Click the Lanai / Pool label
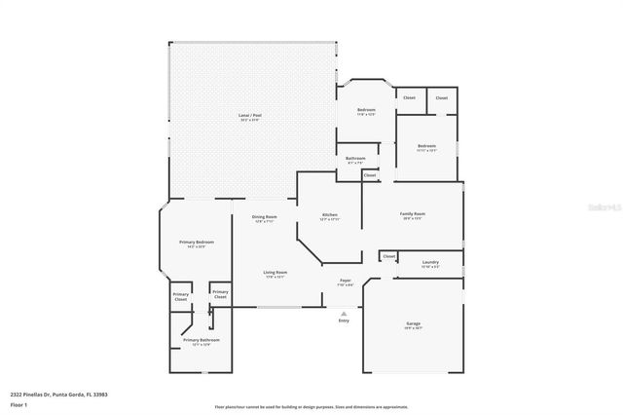tap(250, 116)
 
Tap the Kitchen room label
tap(330, 216)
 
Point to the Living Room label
tap(275, 275)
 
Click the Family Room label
tap(412, 215)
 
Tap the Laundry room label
tap(430, 263)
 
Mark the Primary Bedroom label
tap(197, 244)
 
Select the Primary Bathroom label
tap(202, 342)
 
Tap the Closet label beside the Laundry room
tap(388, 256)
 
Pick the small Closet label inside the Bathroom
tap(370, 175)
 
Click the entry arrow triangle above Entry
tap(343, 313)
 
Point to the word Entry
tap(343, 321)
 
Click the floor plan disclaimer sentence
tap(311, 406)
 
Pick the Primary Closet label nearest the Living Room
tap(221, 293)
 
